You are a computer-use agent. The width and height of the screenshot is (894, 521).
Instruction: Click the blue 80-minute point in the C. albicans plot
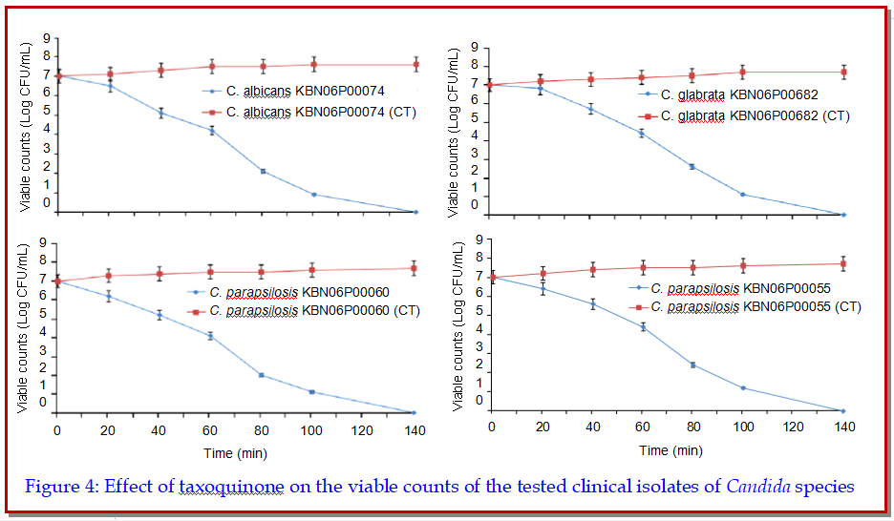[263, 171]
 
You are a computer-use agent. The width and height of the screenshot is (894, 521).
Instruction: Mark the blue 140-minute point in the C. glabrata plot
[842, 215]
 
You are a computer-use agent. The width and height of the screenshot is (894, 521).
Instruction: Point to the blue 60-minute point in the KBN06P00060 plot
[210, 336]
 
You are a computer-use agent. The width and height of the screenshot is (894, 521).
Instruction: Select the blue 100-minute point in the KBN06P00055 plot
[742, 387]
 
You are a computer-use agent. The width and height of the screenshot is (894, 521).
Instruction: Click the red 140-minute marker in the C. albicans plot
[415, 65]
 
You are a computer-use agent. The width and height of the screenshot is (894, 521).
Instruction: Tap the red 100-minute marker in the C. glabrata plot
[742, 73]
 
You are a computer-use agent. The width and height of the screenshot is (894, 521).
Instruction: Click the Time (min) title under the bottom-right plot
[671, 449]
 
